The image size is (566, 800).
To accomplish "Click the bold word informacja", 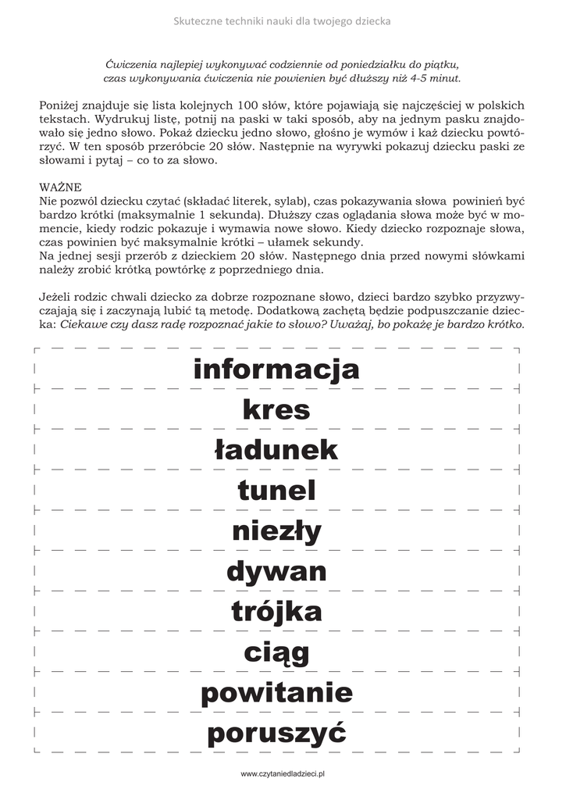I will coord(276,369).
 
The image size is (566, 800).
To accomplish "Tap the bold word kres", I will coord(276,409).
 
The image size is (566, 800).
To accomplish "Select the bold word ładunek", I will coord(276,450).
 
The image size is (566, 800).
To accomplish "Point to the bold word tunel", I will coord(276,491).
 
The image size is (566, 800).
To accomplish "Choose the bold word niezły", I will coord(276,532).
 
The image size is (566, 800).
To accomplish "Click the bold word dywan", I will coord(276,572).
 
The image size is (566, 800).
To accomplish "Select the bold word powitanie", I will coord(276,693).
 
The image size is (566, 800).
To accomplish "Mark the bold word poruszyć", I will coord(276,734).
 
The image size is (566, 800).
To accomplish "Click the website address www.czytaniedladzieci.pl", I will coord(283,773).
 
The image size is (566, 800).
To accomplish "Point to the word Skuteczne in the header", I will coord(197,21).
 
